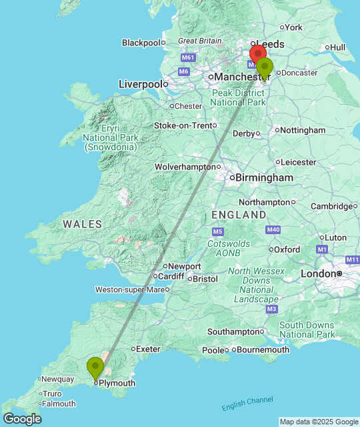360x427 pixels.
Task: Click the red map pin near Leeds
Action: pos(257,54)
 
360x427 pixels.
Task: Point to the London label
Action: pos(318,274)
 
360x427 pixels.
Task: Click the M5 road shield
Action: pos(217,232)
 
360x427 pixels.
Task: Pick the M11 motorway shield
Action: pos(352,259)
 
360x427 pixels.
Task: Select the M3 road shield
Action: pos(271,309)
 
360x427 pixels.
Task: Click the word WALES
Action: pos(83,224)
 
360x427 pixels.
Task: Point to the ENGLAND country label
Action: pos(239,215)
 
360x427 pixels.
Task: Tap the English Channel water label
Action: pos(247,404)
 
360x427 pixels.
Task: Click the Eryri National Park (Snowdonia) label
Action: pos(111,137)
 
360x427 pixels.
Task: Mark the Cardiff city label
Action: pos(171,276)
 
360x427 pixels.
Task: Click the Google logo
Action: pos(21,419)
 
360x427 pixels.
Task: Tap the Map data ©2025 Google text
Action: pos(319,422)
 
